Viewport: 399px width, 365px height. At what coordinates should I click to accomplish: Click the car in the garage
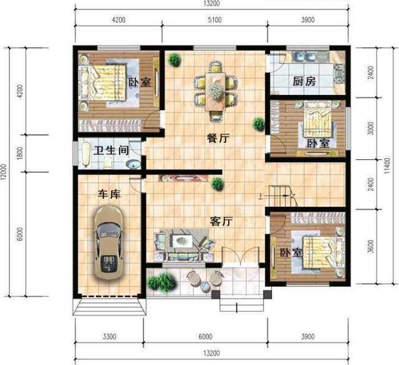pyautogui.click(x=109, y=243)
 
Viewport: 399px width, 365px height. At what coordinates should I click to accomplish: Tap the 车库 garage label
pyautogui.click(x=110, y=194)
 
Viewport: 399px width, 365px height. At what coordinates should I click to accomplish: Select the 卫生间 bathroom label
pyautogui.click(x=111, y=151)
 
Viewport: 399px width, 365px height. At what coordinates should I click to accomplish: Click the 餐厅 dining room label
pyautogui.click(x=218, y=138)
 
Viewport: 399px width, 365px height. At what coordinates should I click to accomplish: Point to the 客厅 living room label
pyautogui.click(x=221, y=221)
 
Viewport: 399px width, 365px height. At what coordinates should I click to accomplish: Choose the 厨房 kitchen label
pyautogui.click(x=304, y=81)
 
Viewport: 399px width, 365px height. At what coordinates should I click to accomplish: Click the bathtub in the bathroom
pyautogui.click(x=86, y=155)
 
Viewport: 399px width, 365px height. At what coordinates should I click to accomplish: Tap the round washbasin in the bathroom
pyautogui.click(x=133, y=164)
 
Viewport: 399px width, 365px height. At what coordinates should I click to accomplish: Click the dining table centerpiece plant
pyautogui.click(x=216, y=89)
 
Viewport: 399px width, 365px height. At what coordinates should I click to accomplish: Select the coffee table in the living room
pyautogui.click(x=182, y=241)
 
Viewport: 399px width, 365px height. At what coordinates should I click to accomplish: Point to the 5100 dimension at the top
pyautogui.click(x=214, y=19)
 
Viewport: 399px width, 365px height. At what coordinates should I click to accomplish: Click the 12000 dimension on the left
pyautogui.click(x=3, y=172)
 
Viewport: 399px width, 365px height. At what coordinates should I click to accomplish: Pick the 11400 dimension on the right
pyautogui.click(x=387, y=166)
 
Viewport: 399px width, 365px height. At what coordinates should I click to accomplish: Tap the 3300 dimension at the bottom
pyautogui.click(x=110, y=336)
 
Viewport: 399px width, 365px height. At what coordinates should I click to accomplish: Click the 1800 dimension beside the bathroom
pyautogui.click(x=20, y=153)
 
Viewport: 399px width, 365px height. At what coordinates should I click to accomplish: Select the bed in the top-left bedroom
pyautogui.click(x=102, y=82)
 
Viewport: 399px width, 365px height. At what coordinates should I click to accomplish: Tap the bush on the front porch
pyautogui.click(x=162, y=282)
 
